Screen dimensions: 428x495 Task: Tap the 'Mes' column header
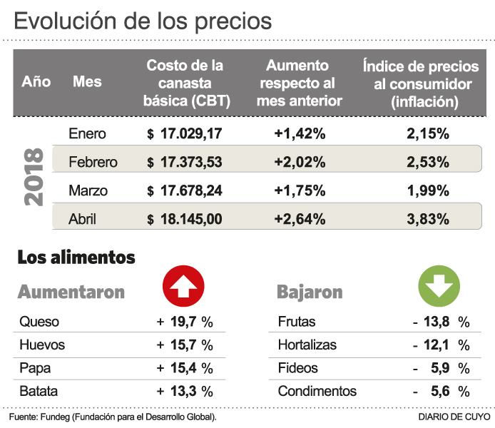coord(87,81)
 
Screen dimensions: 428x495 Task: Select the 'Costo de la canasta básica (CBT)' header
coord(185,83)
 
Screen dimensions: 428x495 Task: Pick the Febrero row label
coord(93,162)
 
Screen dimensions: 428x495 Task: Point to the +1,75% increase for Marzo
coord(300,190)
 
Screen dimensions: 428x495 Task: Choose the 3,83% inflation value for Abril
coord(428,219)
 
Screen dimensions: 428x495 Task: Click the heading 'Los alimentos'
coord(76,257)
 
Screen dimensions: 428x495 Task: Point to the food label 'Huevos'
coord(42,345)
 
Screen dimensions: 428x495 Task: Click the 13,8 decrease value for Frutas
coord(437,322)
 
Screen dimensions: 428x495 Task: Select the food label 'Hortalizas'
coord(307,345)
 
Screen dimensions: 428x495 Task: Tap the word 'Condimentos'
coord(317,391)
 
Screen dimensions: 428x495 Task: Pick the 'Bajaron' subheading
coord(310,292)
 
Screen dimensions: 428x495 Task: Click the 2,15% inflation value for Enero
coord(428,133)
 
